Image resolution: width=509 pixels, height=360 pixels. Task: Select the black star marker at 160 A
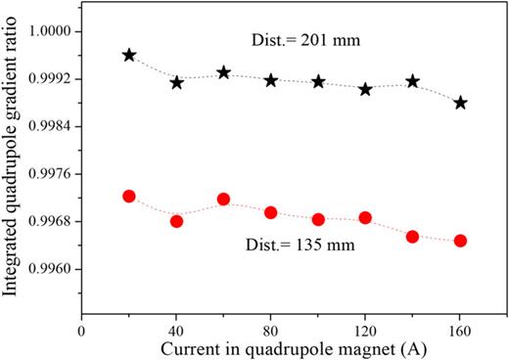click(460, 102)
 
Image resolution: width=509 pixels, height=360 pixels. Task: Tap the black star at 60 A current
click(223, 72)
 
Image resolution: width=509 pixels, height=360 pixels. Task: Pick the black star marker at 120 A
click(365, 89)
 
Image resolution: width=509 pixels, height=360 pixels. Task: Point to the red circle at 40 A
click(176, 221)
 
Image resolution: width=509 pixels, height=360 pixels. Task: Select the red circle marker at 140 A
click(413, 237)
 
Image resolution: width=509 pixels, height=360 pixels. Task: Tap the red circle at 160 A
click(460, 241)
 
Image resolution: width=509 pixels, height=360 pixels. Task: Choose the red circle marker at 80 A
click(271, 212)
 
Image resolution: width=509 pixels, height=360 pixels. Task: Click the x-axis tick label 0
click(82, 332)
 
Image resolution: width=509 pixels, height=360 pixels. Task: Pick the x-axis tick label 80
click(271, 332)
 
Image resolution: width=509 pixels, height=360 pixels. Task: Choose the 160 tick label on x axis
click(460, 332)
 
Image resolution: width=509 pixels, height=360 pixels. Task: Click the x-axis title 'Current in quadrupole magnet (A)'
click(279, 349)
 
